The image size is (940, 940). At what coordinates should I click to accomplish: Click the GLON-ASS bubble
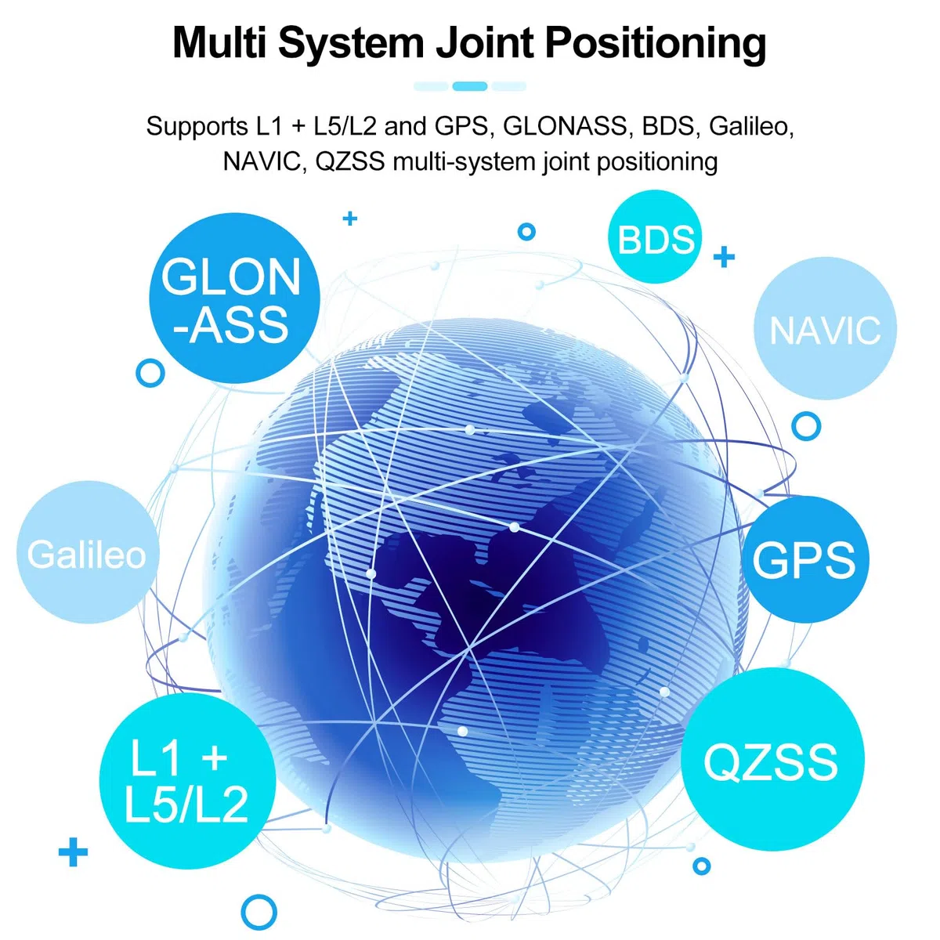pyautogui.click(x=234, y=298)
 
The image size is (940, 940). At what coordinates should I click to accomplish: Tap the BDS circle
pyautogui.click(x=655, y=237)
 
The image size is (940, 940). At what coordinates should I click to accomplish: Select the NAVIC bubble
pyautogui.click(x=825, y=328)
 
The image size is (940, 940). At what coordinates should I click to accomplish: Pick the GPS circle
pyautogui.click(x=805, y=559)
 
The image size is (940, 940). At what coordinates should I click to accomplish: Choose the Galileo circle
pyautogui.click(x=88, y=552)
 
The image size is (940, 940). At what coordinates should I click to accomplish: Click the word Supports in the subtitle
pyautogui.click(x=197, y=127)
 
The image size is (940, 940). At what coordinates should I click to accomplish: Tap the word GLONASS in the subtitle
pyautogui.click(x=564, y=126)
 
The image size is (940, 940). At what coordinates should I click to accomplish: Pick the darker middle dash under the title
pyautogui.click(x=470, y=86)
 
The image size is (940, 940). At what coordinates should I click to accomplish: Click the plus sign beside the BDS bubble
pyautogui.click(x=724, y=257)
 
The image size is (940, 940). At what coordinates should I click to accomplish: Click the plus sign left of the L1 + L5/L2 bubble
pyautogui.click(x=73, y=852)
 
